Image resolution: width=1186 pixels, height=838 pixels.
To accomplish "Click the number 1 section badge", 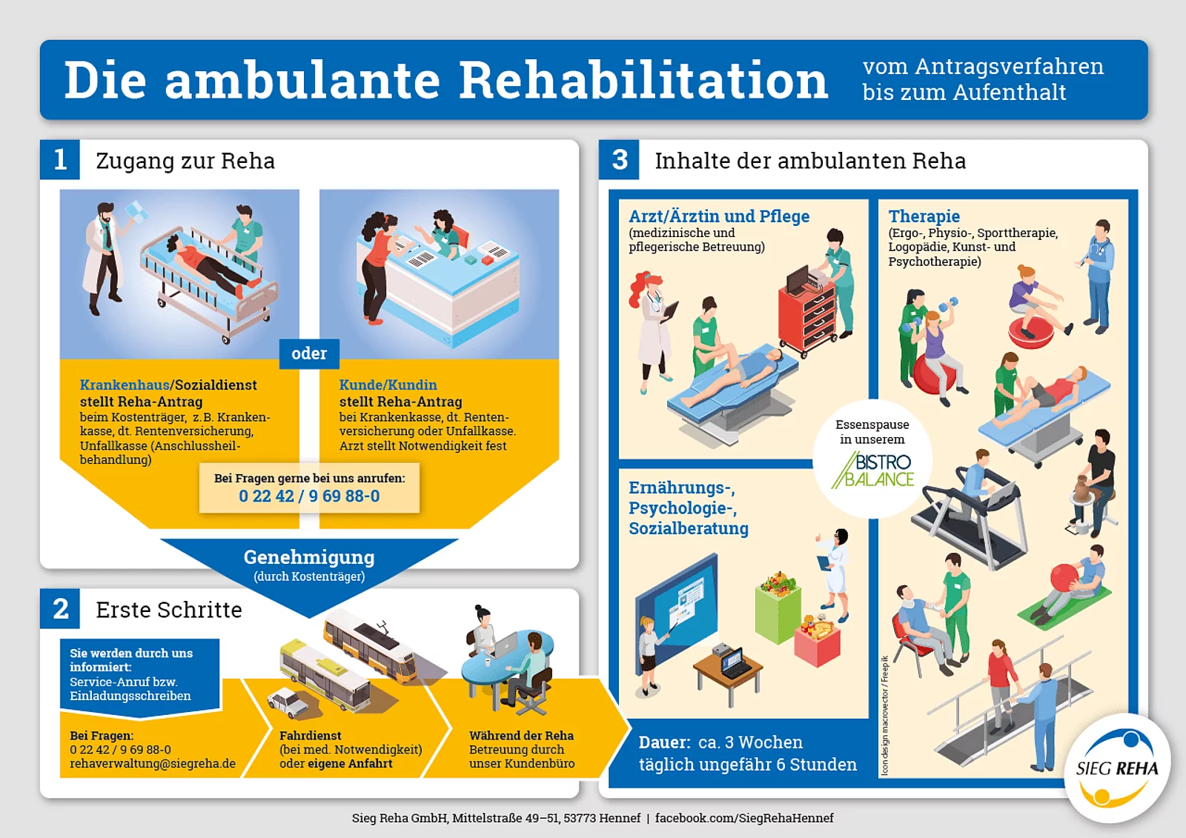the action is pos(60,159).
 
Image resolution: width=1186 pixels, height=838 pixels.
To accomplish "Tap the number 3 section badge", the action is pos(619,159).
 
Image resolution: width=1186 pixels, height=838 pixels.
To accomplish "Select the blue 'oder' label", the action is pos(309,353).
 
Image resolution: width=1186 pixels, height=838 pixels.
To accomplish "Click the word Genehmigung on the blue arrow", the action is pos(309,557).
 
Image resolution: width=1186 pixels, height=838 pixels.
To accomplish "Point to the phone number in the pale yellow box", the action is pos(309,496).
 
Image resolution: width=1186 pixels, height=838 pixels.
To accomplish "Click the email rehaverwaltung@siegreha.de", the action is pos(153,764).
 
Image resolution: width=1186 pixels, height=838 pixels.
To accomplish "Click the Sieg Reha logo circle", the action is pos(1117,768).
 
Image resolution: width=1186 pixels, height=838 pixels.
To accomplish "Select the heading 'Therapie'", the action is pos(924,216).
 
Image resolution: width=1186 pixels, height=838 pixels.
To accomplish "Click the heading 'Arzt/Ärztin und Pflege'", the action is pos(719,216).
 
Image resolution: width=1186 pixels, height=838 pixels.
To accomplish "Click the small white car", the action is pos(288,702).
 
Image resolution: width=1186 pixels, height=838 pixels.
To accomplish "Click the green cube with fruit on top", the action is pos(778,609).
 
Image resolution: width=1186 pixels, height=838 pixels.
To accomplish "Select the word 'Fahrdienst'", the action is pos(311,735).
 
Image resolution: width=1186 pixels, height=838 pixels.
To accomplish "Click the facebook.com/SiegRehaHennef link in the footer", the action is pos(744,818).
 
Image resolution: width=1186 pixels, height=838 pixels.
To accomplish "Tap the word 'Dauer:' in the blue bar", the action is pos(664,742).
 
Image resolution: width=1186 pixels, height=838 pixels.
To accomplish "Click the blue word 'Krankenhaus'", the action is pos(125,385).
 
